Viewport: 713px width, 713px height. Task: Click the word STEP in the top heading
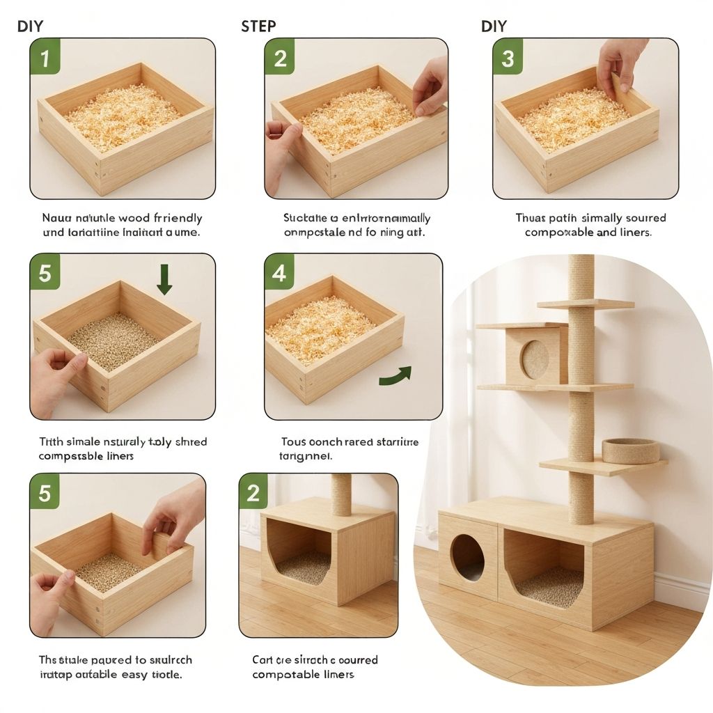258,26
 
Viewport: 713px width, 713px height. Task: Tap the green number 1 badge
45,58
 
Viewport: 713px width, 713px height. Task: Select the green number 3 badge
508,58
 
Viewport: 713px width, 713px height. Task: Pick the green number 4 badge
279,273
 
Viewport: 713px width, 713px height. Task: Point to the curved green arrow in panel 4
395,376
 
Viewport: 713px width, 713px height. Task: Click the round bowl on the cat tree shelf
630,451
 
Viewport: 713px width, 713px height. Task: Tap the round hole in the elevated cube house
535,359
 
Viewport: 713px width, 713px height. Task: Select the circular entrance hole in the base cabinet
467,557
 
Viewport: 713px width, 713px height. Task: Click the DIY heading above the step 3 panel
494,26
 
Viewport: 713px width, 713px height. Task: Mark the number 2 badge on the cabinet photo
253,494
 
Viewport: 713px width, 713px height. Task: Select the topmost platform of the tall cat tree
585,304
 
